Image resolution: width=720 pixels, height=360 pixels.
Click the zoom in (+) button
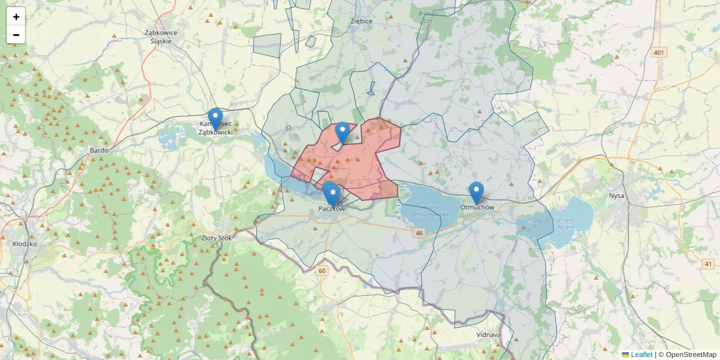[16, 17]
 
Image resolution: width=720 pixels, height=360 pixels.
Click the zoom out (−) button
[16, 35]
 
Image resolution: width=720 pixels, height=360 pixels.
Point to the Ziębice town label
[361, 21]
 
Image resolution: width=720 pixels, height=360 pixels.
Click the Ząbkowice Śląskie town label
[158, 37]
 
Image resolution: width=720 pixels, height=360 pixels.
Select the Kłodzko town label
[25, 244]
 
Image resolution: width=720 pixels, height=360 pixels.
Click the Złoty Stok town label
[216, 238]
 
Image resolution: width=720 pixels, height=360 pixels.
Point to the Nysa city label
[616, 196]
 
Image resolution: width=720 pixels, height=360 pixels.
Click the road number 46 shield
[419, 233]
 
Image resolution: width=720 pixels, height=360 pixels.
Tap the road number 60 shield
[323, 271]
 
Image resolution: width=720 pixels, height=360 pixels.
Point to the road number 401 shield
[659, 53]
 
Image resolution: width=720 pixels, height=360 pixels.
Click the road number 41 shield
[709, 264]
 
